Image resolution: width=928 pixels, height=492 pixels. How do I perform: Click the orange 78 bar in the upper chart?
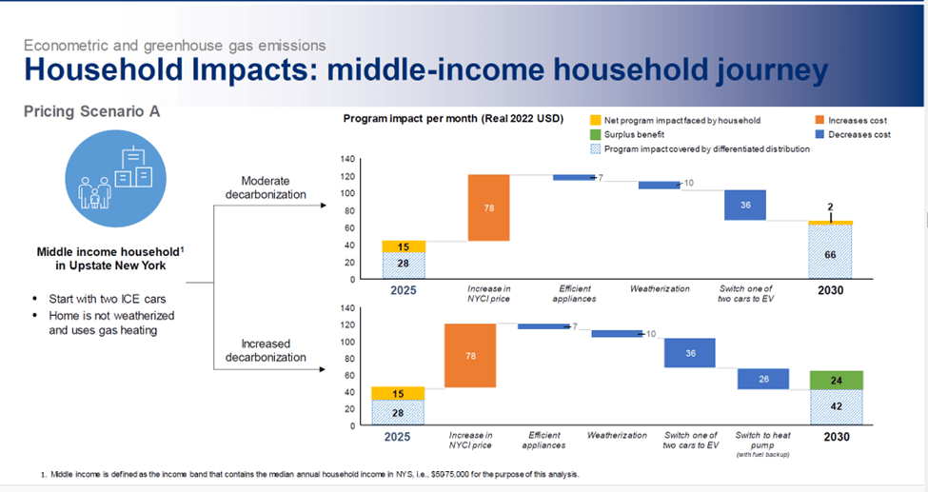click(x=488, y=207)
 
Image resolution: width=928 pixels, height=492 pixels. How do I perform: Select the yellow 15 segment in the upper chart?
click(x=404, y=246)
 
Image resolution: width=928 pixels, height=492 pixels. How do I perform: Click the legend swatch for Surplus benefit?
click(x=595, y=135)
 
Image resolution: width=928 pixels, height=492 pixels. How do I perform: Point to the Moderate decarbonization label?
click(x=266, y=187)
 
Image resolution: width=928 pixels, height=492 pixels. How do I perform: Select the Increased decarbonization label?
click(x=266, y=350)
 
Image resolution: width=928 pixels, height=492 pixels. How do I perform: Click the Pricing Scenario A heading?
click(x=91, y=111)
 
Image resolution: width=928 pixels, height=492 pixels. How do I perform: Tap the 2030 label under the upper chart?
click(x=830, y=288)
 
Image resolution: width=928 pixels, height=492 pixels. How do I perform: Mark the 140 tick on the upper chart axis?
click(x=350, y=158)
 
